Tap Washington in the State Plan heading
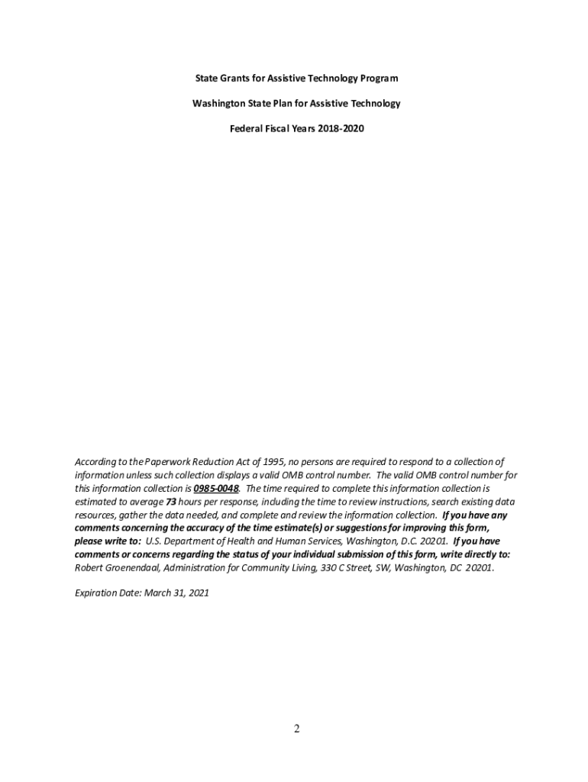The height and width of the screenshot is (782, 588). pyautogui.click(x=218, y=103)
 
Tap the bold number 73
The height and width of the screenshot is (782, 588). pyautogui.click(x=172, y=502)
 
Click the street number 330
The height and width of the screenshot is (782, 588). pyautogui.click(x=330, y=568)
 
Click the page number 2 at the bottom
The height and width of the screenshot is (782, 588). pyautogui.click(x=297, y=729)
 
